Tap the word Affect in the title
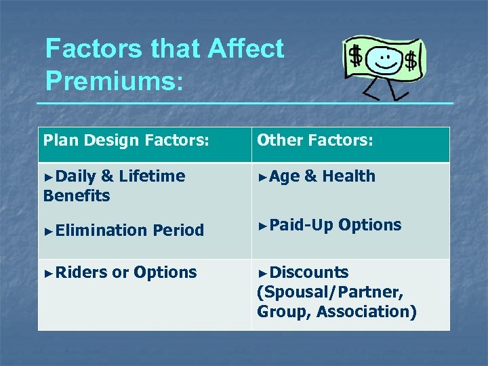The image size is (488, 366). [x=247, y=49]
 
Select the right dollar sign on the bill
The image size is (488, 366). [x=410, y=62]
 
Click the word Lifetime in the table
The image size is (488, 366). [x=152, y=176]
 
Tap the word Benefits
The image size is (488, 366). [x=76, y=196]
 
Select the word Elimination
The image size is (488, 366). [x=102, y=230]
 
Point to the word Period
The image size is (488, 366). [x=178, y=230]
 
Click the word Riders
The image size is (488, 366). [x=81, y=272]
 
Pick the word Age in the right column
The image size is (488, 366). [x=284, y=176]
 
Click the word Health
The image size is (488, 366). [x=348, y=176]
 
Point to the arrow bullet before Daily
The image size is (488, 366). [x=47, y=177]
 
